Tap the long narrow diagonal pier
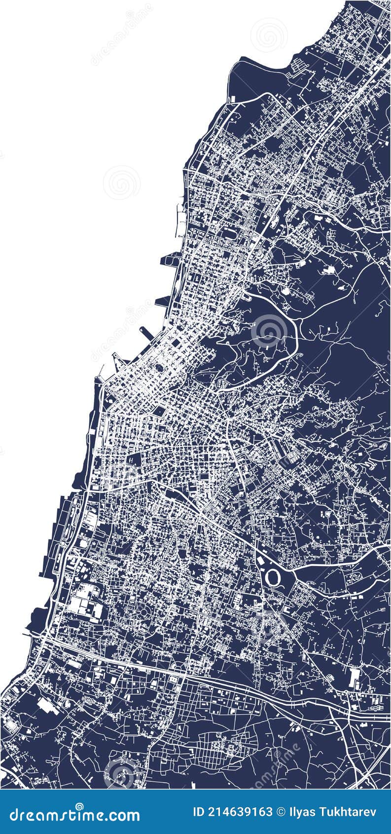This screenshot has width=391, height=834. [147, 334]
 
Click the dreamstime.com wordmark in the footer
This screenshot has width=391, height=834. [74, 814]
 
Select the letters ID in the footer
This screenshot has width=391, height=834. [199, 812]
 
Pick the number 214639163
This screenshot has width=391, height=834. [240, 812]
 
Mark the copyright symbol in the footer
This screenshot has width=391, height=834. [281, 812]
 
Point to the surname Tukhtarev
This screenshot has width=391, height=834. [348, 812]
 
